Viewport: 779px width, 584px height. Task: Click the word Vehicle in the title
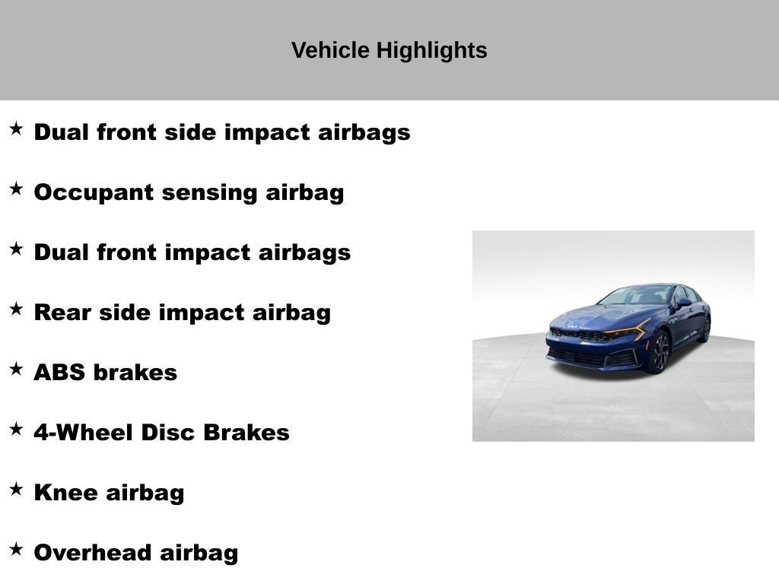(330, 50)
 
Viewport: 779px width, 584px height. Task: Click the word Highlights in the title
(432, 51)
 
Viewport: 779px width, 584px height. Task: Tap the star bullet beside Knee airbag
(17, 489)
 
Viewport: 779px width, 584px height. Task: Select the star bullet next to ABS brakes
(17, 369)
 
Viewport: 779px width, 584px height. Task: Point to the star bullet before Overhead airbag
(17, 549)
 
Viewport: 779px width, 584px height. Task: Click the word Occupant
(94, 193)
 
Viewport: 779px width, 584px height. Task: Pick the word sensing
(209, 193)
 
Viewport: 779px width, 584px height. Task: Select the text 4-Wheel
(84, 433)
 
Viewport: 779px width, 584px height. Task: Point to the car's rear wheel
(705, 329)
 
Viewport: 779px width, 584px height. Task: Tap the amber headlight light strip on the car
(627, 329)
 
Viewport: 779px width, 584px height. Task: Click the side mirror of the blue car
(684, 302)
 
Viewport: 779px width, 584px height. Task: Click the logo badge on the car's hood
(572, 327)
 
